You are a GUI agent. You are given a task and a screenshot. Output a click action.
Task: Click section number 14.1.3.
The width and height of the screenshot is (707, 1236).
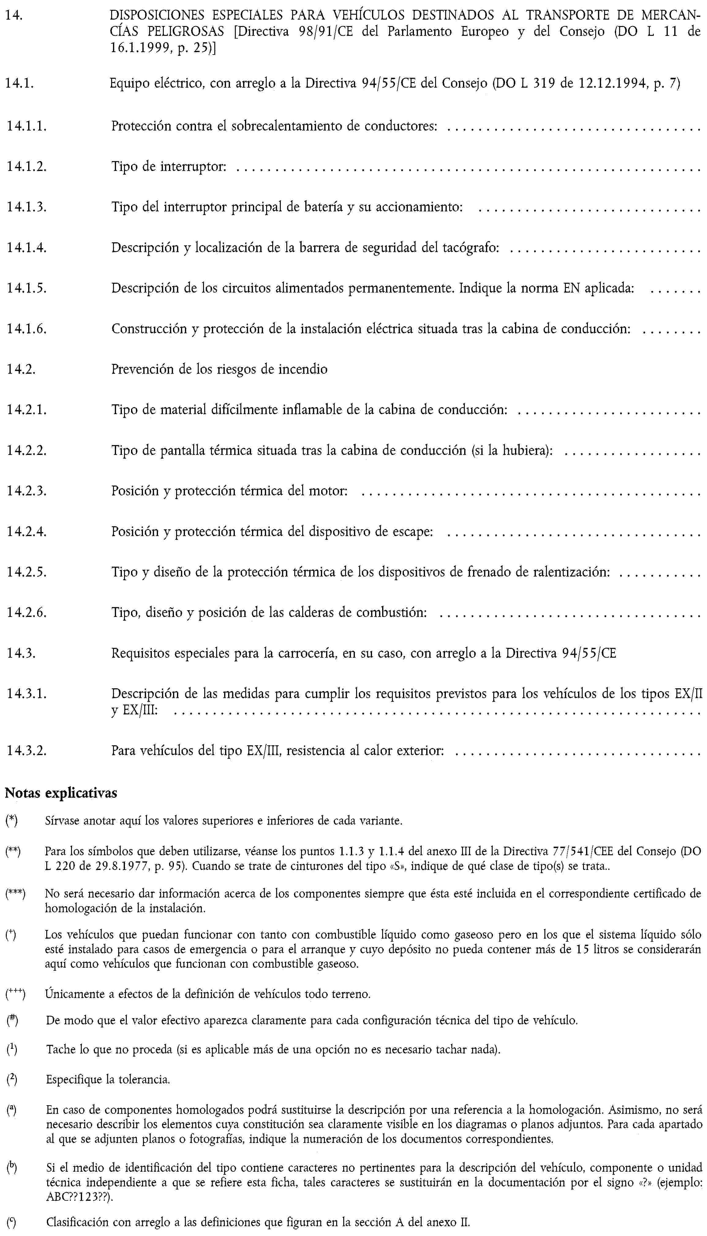(x=26, y=207)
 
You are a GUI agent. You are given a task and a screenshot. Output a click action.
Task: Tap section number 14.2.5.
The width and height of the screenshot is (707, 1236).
(x=26, y=572)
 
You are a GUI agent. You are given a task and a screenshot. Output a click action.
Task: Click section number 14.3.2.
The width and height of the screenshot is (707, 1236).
(x=26, y=751)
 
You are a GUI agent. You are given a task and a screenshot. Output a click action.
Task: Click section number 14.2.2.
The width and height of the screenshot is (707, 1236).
(x=26, y=450)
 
